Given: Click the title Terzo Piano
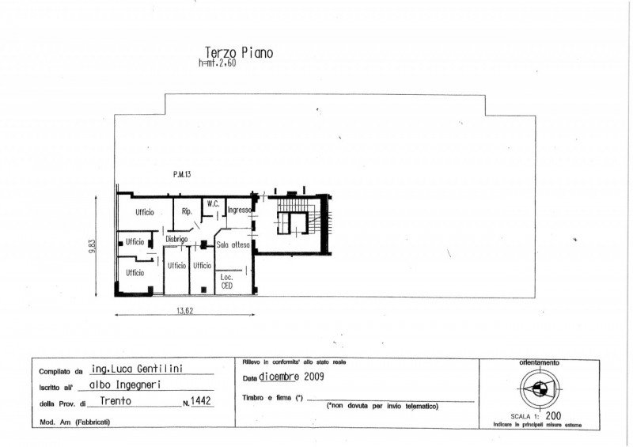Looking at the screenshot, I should [239, 53].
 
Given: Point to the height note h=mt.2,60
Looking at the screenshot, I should [218, 64].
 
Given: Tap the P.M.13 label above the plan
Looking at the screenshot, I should [184, 175].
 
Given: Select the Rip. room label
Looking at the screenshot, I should [188, 211].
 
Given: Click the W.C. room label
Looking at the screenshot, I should [213, 204].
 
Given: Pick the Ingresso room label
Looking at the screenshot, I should [239, 210].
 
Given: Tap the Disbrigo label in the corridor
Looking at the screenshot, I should [176, 239].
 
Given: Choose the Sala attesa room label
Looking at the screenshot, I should [233, 246].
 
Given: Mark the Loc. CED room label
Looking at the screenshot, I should [226, 281].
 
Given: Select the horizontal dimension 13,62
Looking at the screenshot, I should [184, 311].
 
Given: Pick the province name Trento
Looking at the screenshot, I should [116, 401].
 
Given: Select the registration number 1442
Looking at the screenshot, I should [201, 402].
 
